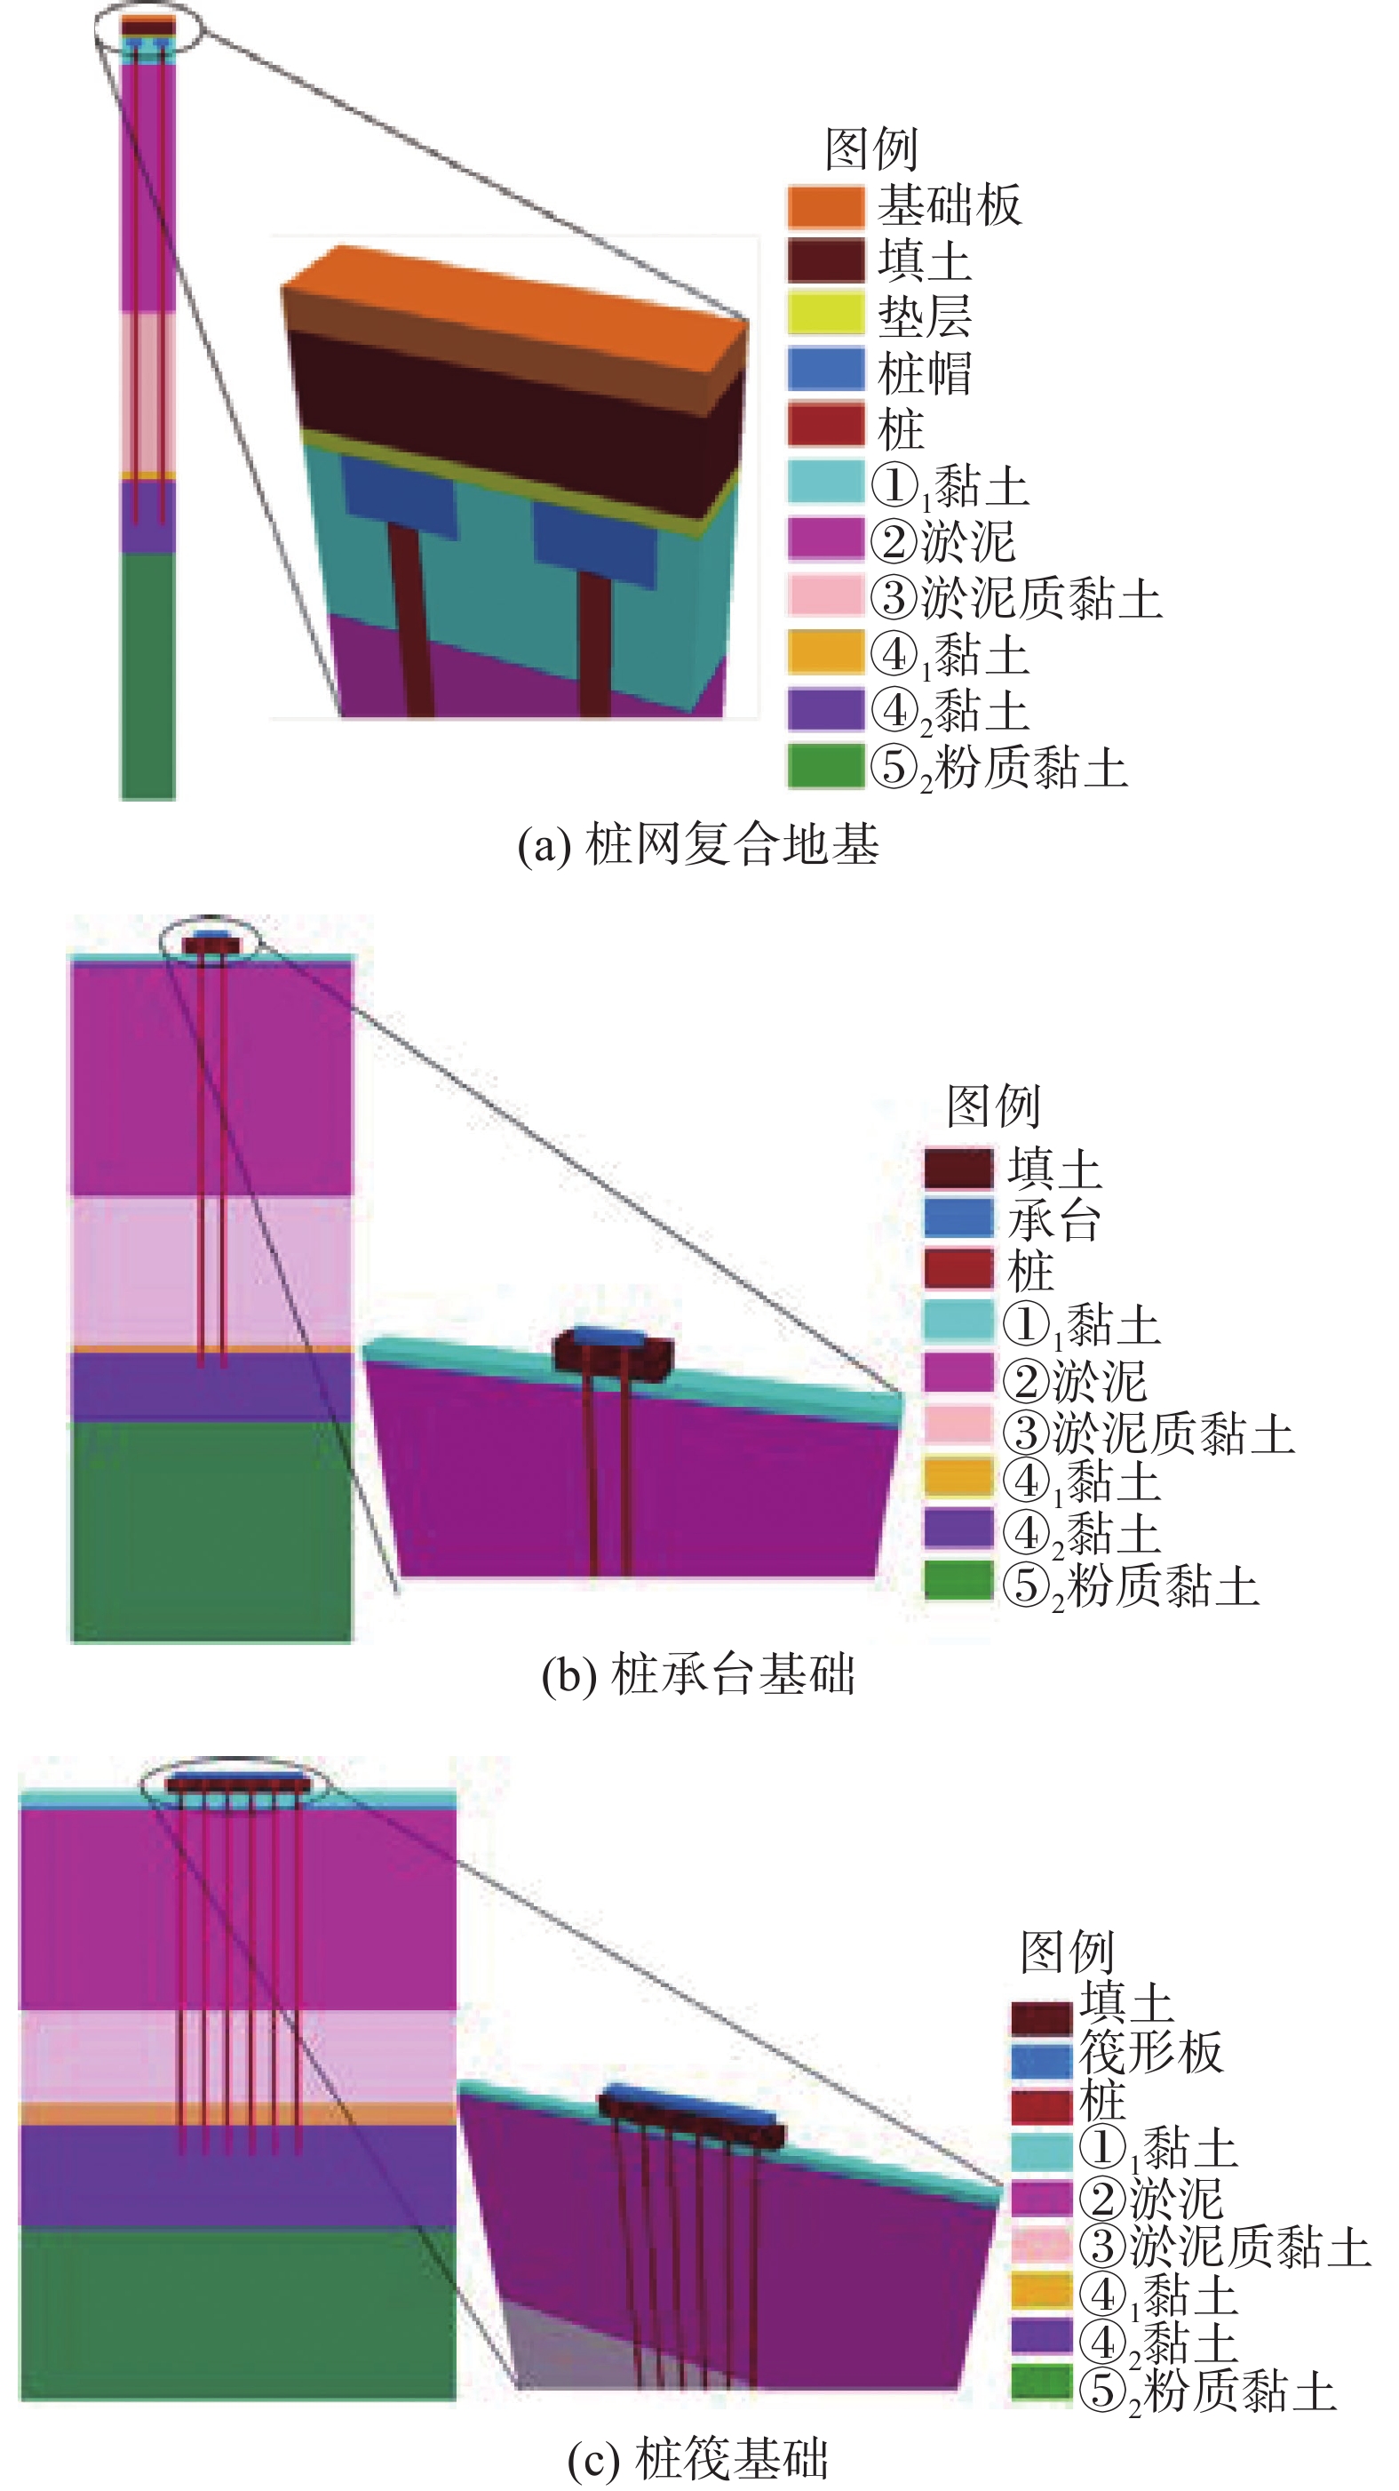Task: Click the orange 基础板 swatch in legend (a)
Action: click(x=824, y=206)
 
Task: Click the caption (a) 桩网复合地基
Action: click(x=698, y=844)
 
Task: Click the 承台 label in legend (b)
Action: click(x=1053, y=1220)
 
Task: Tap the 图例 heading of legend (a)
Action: click(x=871, y=149)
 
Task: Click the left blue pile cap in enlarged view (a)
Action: click(x=398, y=497)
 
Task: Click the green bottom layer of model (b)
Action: click(x=211, y=1528)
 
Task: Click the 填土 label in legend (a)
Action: click(x=923, y=261)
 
